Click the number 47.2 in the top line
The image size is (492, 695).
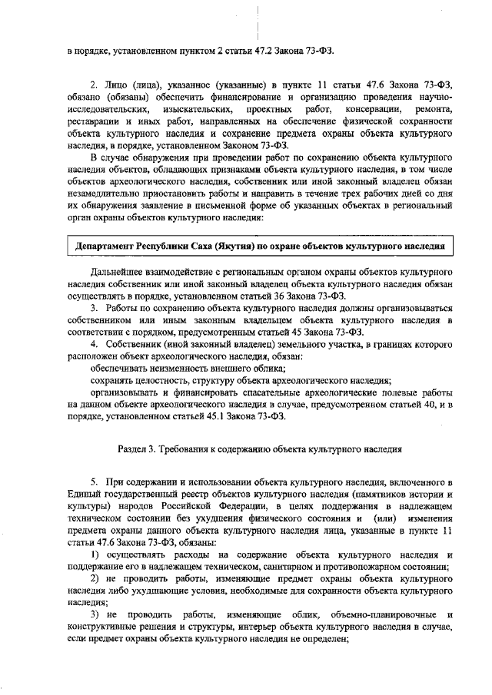(264, 51)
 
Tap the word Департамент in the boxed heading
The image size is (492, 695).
(106, 248)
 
